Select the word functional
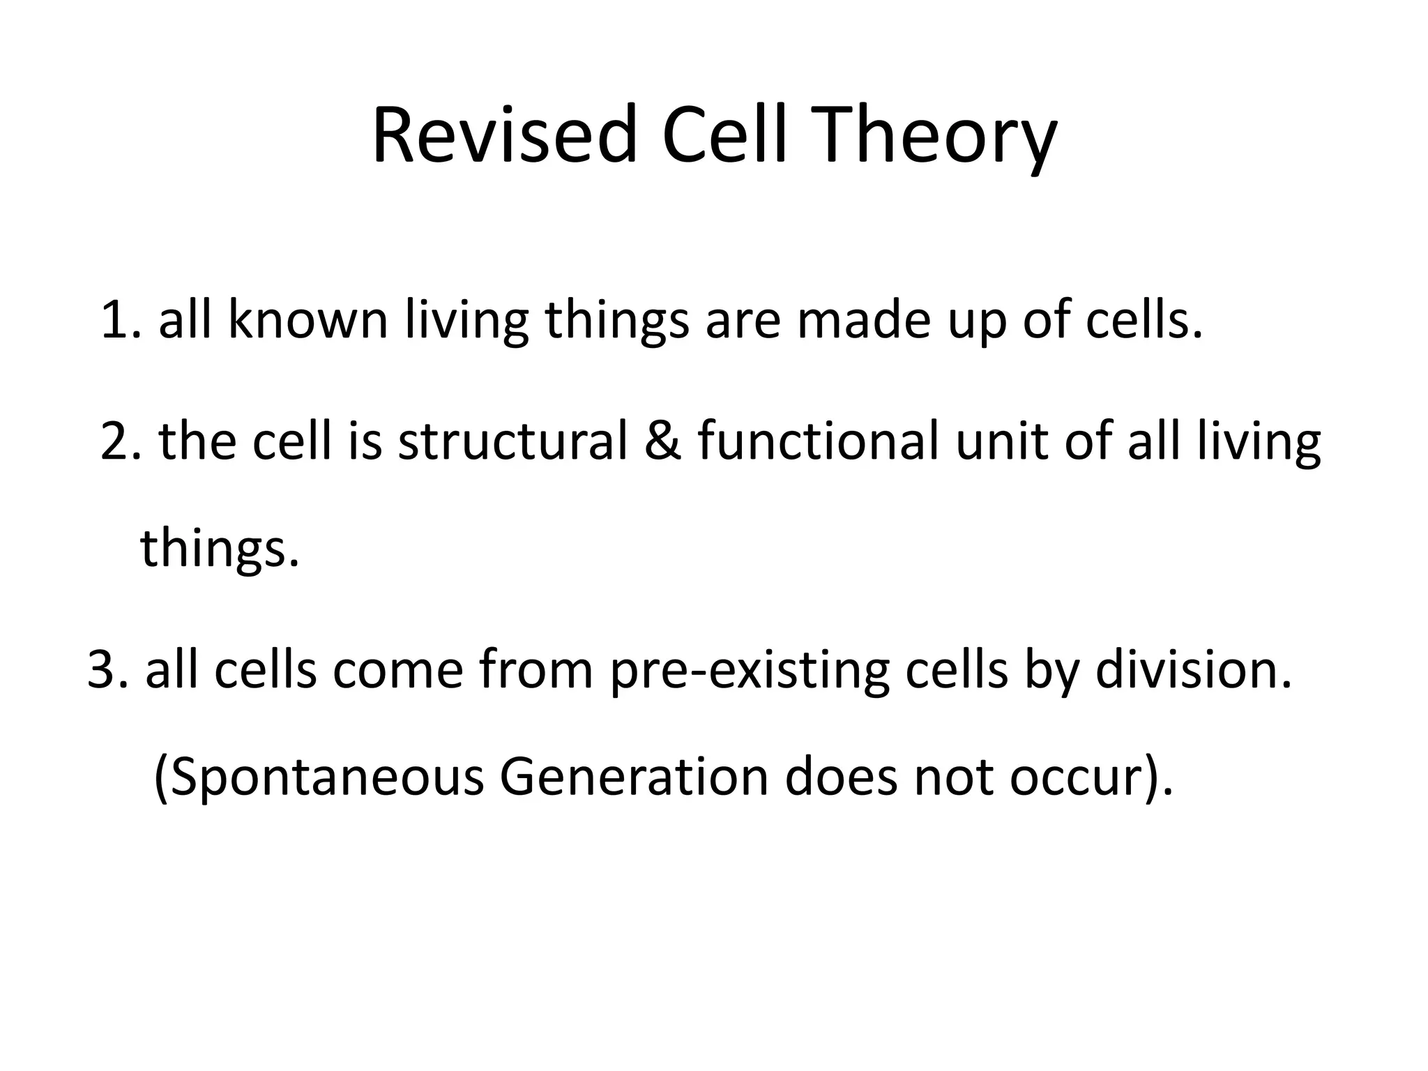818,442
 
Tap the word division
1193,671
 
